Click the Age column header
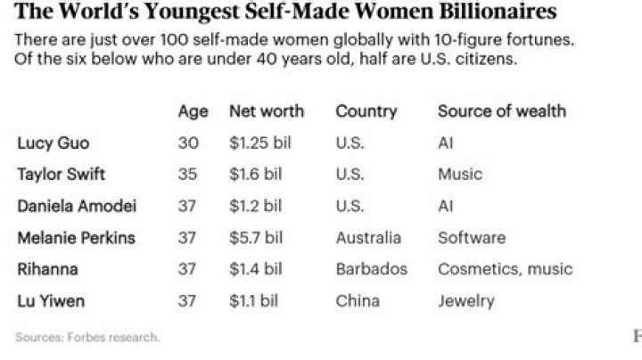[193, 111]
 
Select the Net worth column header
[267, 111]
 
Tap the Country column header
[366, 111]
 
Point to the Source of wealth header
[501, 111]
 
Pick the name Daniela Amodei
[77, 206]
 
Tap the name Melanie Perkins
[76, 238]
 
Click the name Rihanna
[47, 269]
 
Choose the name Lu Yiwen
[51, 301]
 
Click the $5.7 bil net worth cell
[256, 238]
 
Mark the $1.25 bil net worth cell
[259, 143]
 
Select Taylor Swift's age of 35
[187, 174]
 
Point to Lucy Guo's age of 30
[187, 143]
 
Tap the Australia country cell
[367, 238]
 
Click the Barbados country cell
[371, 269]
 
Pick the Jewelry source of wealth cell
[465, 301]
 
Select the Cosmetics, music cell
[505, 269]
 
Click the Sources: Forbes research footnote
[87, 337]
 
